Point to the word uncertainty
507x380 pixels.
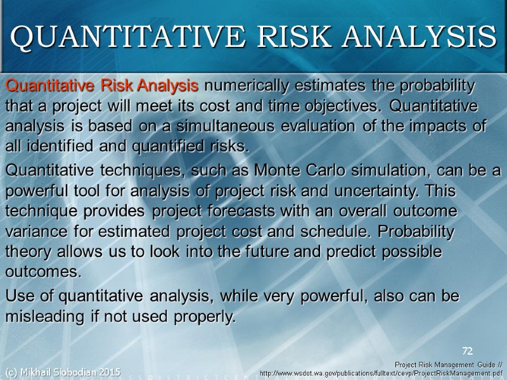pyautogui.click(x=387, y=191)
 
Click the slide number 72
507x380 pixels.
pyautogui.click(x=468, y=350)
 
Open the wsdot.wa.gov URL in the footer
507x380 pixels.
pyautogui.click(x=381, y=373)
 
